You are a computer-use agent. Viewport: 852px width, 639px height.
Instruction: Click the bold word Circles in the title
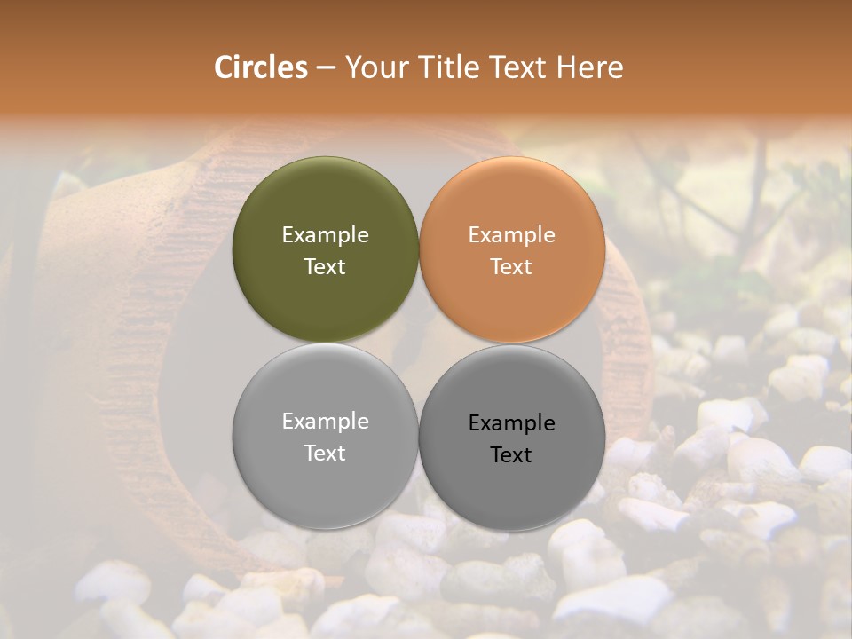tap(260, 67)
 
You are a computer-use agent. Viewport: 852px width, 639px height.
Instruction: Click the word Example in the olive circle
tap(325, 235)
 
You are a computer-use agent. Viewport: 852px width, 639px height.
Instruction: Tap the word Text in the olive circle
tap(325, 267)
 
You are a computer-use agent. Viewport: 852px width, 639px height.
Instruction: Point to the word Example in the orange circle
tap(512, 235)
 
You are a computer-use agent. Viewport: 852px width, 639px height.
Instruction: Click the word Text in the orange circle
tap(511, 267)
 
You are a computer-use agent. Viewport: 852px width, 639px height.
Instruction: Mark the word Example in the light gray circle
tap(325, 422)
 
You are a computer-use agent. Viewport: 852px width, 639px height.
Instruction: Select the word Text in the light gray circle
tap(325, 454)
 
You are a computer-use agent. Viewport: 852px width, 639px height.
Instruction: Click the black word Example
tap(512, 423)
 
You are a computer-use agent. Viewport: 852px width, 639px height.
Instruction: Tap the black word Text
tap(511, 455)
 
